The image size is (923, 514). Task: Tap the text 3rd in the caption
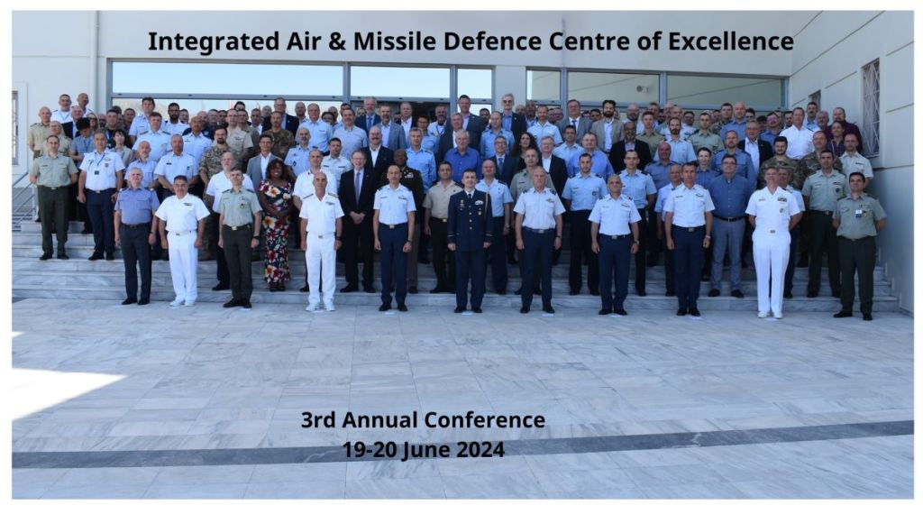point(318,420)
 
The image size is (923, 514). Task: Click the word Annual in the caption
point(380,420)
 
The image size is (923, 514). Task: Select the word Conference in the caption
point(484,420)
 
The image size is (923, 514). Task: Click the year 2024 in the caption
point(480,450)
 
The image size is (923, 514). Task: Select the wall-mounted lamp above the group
point(644,89)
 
